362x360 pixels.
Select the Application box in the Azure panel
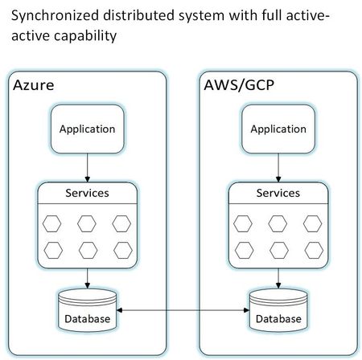pos(88,129)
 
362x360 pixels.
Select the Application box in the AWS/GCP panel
pos(278,129)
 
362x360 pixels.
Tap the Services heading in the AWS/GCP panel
pos(278,193)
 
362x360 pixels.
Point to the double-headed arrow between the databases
pos(183,309)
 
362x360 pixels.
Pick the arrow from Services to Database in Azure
pos(88,277)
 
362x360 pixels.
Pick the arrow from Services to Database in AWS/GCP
pos(278,277)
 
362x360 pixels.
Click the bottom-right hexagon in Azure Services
pos(121,249)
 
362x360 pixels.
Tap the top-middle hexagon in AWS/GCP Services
pos(278,223)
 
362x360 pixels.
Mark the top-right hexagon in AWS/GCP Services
pos(312,223)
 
